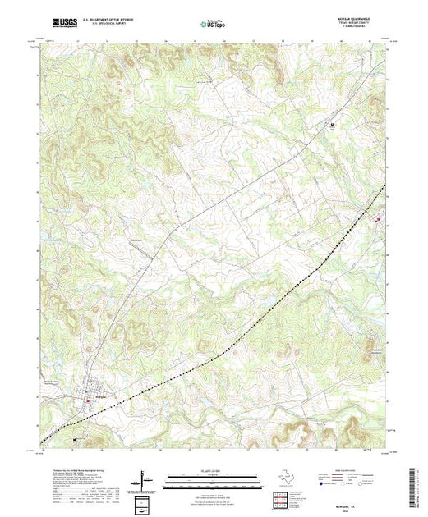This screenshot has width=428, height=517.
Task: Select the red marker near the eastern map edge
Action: click(x=378, y=219)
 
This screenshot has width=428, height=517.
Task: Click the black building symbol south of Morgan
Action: click(x=76, y=439)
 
